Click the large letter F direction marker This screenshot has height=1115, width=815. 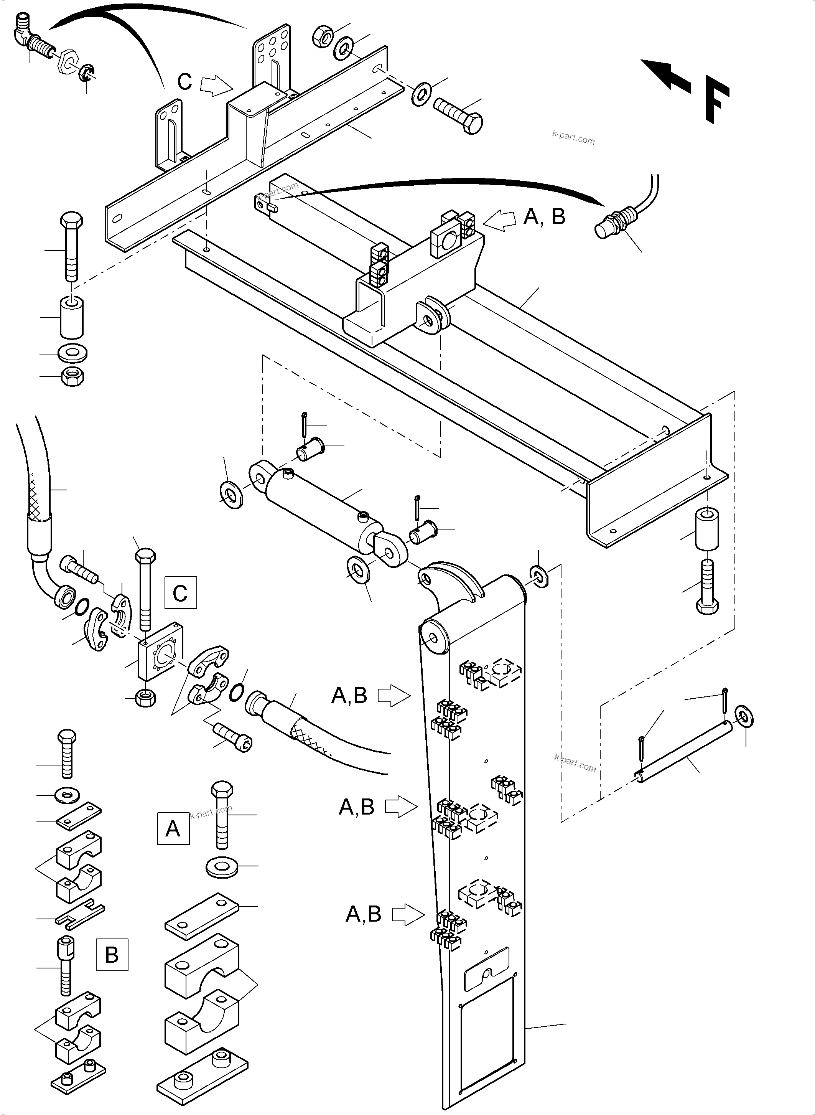[716, 99]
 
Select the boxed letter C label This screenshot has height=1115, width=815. [180, 592]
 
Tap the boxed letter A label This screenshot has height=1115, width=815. [173, 828]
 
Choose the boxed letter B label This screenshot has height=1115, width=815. [112, 955]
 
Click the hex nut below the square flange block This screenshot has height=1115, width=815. [146, 698]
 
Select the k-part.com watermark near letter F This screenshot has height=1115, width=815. [573, 137]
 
